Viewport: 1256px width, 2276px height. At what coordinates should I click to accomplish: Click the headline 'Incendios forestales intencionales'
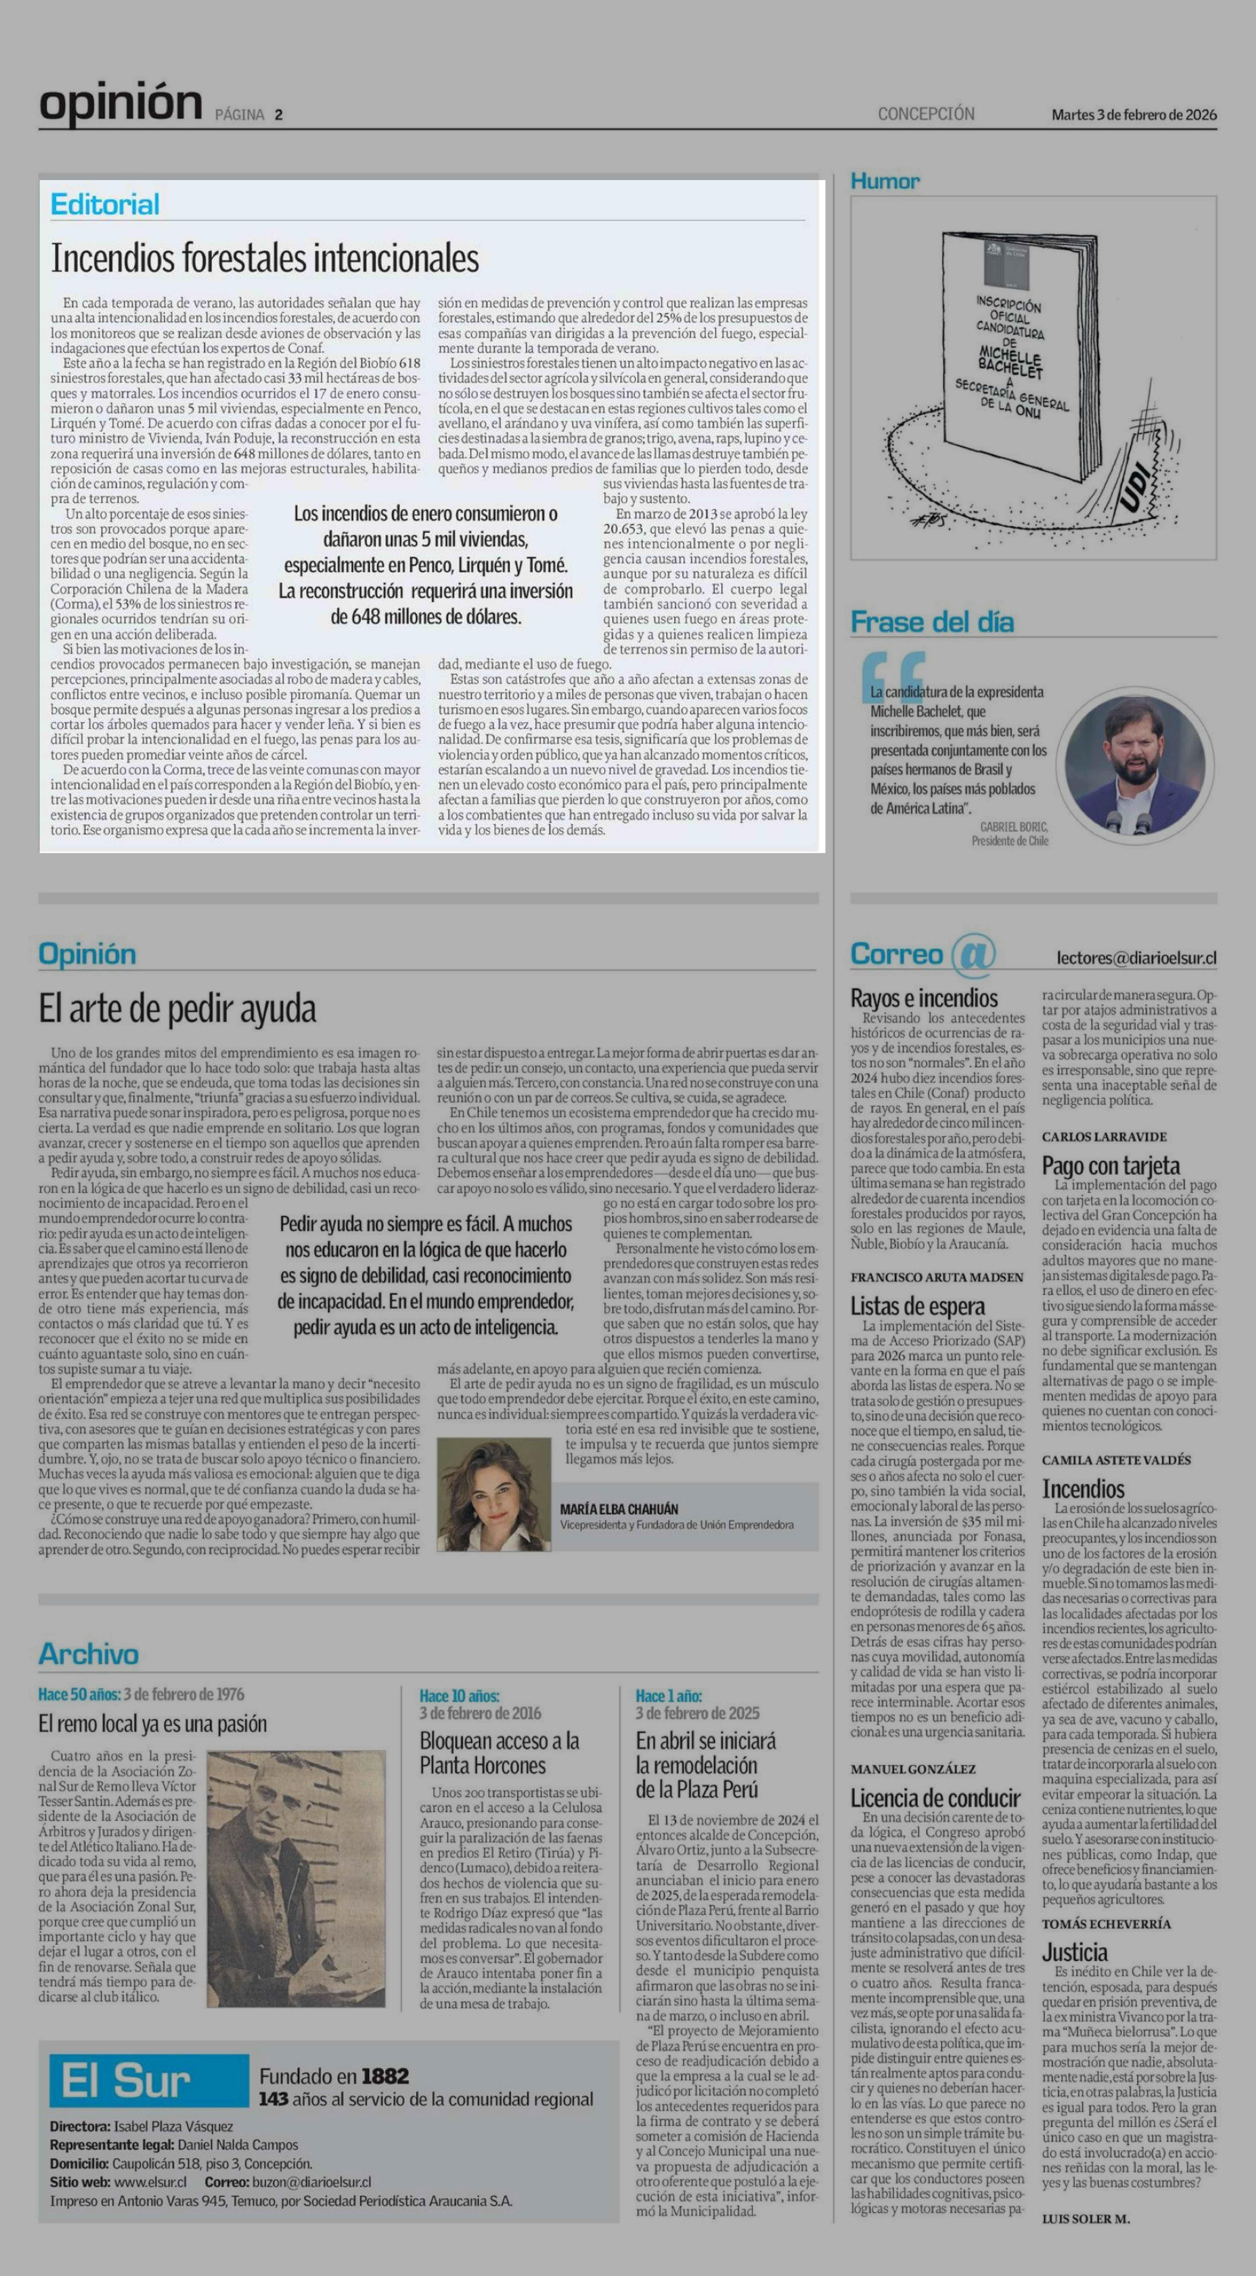265,258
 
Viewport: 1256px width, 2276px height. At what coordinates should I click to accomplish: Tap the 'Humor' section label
885,181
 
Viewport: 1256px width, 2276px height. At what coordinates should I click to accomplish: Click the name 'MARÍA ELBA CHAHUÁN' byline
619,1509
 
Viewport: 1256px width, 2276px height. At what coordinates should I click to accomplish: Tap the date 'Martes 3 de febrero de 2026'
1133,114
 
